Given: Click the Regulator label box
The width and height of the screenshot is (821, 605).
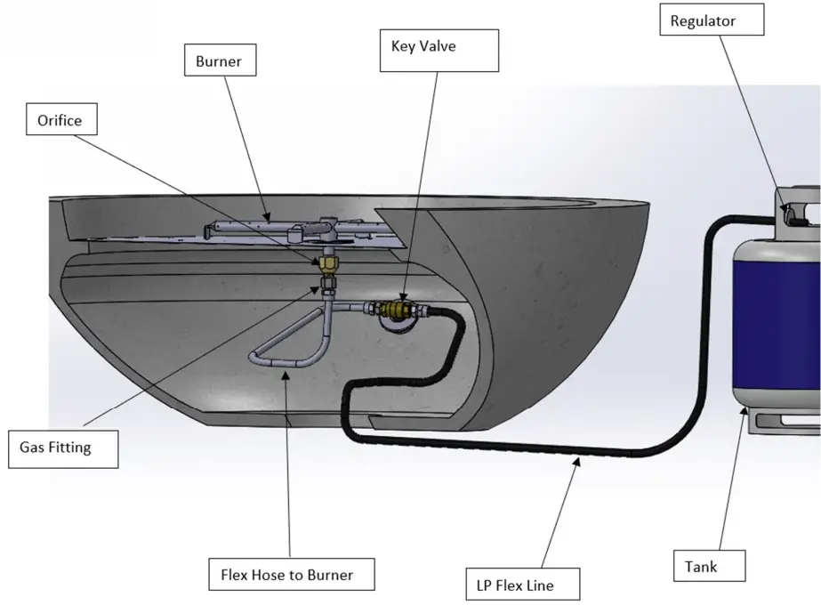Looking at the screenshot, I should click(x=712, y=20).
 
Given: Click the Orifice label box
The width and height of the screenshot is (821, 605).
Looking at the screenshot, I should click(x=60, y=120).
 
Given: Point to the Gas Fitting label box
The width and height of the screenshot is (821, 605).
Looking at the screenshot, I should click(x=56, y=448).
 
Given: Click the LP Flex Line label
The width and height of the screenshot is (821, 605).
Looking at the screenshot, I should click(x=523, y=585).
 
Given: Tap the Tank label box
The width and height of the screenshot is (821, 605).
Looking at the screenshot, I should click(x=703, y=566).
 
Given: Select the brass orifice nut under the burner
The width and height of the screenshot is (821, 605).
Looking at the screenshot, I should click(x=326, y=264).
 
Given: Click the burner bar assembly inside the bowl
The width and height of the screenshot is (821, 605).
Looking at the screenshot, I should click(x=267, y=229).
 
